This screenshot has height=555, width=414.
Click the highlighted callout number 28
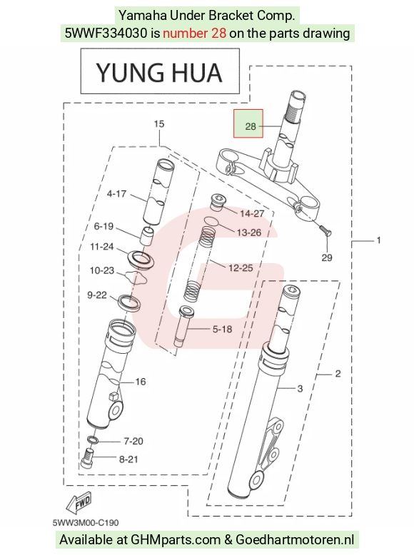click(251, 126)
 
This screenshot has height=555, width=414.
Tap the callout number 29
click(326, 258)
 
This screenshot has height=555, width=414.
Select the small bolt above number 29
click(325, 230)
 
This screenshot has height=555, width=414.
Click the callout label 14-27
click(252, 213)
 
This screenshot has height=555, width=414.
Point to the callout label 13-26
click(248, 233)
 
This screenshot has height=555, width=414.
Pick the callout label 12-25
click(241, 268)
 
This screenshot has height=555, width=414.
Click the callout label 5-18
click(222, 329)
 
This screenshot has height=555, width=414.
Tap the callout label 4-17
click(116, 193)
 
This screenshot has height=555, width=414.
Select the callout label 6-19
click(103, 226)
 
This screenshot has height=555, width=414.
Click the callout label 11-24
click(101, 246)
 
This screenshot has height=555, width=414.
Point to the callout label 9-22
click(97, 295)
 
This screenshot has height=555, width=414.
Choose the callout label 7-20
click(133, 441)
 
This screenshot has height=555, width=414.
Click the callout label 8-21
click(128, 459)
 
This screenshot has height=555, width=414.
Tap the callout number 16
click(140, 382)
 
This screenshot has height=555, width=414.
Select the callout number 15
click(159, 124)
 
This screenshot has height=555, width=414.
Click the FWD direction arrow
click(79, 503)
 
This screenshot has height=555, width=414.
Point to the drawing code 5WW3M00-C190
click(86, 523)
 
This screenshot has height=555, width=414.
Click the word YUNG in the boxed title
click(130, 73)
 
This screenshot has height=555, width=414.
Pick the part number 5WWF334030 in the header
click(106, 34)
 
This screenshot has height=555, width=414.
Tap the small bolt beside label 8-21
click(87, 458)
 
